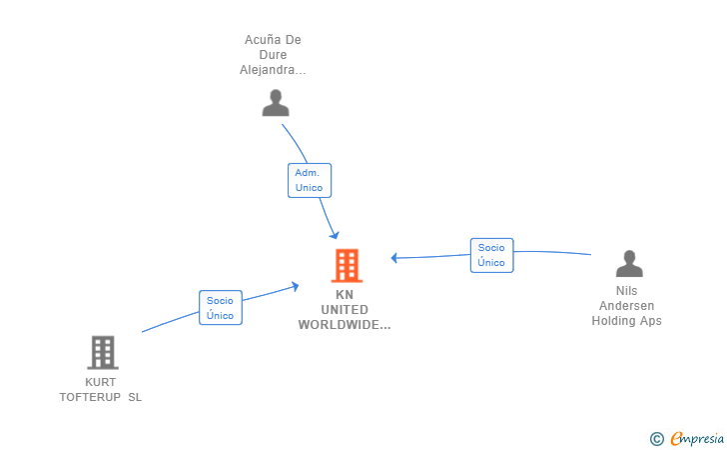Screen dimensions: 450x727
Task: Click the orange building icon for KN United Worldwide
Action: click(346, 266)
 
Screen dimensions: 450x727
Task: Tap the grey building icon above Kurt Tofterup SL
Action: click(102, 352)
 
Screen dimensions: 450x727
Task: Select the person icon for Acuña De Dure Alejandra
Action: click(275, 102)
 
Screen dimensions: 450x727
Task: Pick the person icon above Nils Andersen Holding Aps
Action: click(629, 264)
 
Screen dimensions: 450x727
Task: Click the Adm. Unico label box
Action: click(309, 180)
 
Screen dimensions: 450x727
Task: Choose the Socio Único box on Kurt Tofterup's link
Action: click(220, 307)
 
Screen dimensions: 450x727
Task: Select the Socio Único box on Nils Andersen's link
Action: click(491, 255)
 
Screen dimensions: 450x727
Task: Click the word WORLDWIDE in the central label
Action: click(344, 325)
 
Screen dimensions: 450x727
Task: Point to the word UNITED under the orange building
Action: click(345, 310)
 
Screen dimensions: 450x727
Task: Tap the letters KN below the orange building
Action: click(345, 295)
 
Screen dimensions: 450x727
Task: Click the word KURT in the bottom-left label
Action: click(100, 382)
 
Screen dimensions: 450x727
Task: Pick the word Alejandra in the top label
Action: click(272, 70)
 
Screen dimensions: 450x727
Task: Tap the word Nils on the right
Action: click(626, 291)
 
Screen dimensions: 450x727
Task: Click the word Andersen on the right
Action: click(626, 306)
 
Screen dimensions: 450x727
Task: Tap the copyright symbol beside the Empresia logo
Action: click(656, 438)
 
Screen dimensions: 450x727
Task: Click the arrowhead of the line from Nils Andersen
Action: click(394, 258)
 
